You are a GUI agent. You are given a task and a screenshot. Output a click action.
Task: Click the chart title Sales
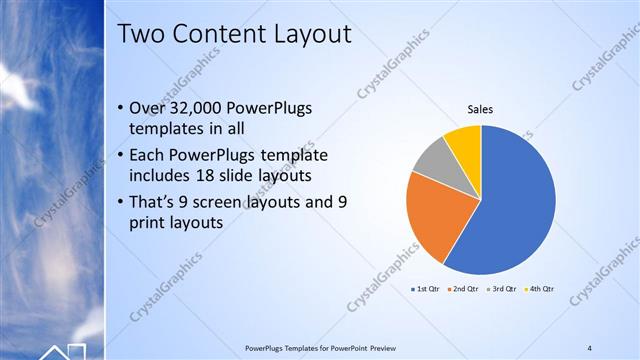(481, 110)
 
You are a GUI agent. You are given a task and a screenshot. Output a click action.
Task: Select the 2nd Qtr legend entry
(465, 289)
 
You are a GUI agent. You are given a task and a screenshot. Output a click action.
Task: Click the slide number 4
(589, 347)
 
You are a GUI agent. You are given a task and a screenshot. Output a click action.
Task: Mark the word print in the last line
(149, 223)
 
